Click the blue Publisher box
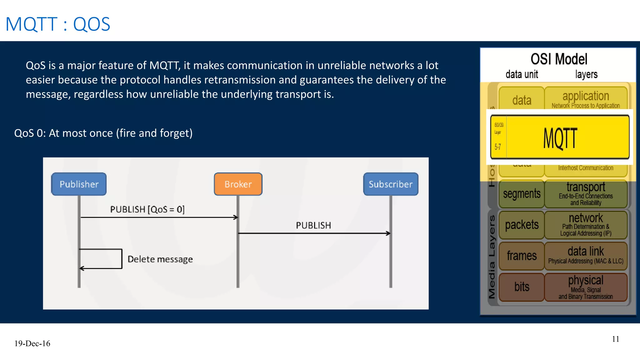(79, 184)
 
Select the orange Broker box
(238, 184)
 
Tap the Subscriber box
(391, 184)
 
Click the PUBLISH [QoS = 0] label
(147, 209)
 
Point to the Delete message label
(160, 259)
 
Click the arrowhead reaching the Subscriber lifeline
(388, 233)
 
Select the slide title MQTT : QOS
(58, 24)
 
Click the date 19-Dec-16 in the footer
(32, 343)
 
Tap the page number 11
(615, 339)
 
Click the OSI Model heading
(559, 59)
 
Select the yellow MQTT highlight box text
(560, 138)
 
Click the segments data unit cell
(522, 194)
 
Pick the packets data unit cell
(522, 225)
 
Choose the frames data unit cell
(522, 256)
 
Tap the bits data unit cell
(522, 287)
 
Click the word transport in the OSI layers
(586, 187)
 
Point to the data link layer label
(586, 251)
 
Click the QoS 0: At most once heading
(103, 133)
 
